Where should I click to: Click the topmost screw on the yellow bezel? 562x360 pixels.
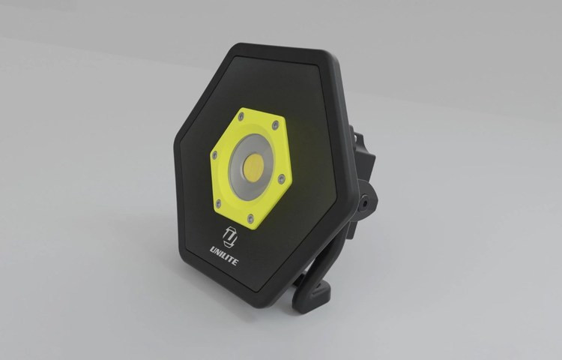(x=241, y=116)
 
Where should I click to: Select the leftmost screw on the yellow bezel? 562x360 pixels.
(x=215, y=155)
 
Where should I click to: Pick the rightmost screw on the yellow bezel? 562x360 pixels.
(x=282, y=178)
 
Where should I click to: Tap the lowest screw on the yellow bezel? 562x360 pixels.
(x=251, y=218)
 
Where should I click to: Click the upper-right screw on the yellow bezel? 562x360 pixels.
(x=275, y=125)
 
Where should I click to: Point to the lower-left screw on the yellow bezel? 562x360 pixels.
(x=219, y=205)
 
